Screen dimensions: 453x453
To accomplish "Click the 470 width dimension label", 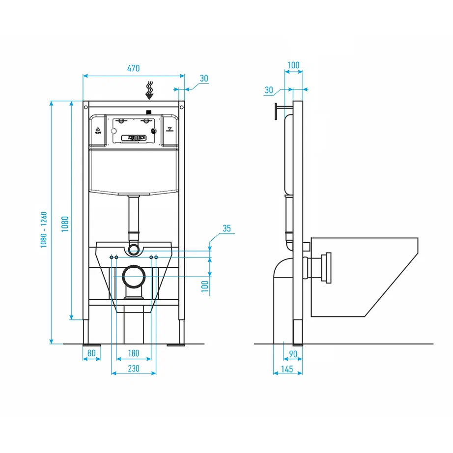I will click(134, 69).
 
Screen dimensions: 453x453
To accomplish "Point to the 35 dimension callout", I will click(226, 228).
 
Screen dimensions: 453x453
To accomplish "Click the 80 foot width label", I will click(91, 353).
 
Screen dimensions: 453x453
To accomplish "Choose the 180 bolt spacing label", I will click(133, 353).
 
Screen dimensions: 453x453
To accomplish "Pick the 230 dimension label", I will click(133, 368).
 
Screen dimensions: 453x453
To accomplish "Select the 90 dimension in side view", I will click(293, 353).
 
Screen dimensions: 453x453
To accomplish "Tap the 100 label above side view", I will click(293, 65).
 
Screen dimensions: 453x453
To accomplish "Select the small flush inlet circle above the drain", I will click(134, 249).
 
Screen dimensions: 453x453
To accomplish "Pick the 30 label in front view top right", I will click(204, 79).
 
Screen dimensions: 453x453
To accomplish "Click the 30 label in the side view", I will click(269, 90).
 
